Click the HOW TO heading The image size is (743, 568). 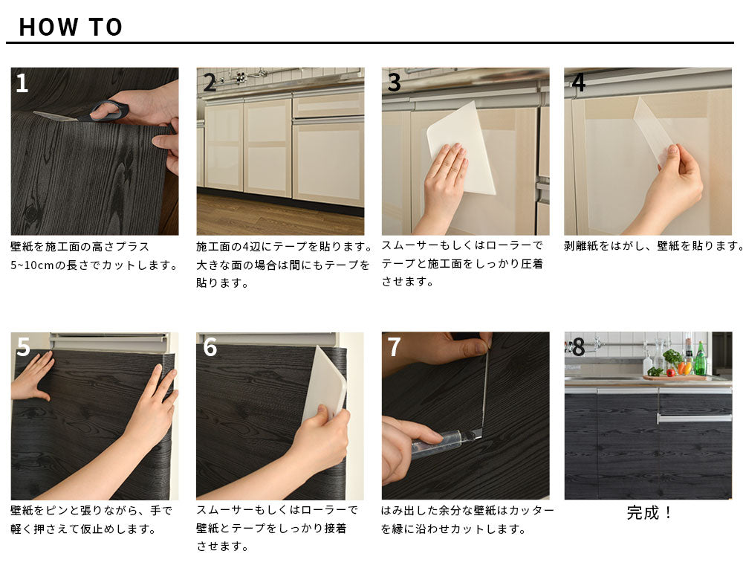(71, 27)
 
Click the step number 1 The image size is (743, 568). (22, 83)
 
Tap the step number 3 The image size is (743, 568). (395, 83)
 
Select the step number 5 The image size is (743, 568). (23, 347)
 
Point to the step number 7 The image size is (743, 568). (395, 347)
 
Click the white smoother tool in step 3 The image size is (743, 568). (461, 147)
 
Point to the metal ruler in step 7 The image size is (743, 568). (485, 388)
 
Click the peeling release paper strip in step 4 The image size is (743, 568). (653, 127)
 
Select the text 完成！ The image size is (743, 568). (648, 512)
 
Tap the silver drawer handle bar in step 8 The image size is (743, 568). (694, 418)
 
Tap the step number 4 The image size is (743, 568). (578, 83)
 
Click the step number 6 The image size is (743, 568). (210, 347)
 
